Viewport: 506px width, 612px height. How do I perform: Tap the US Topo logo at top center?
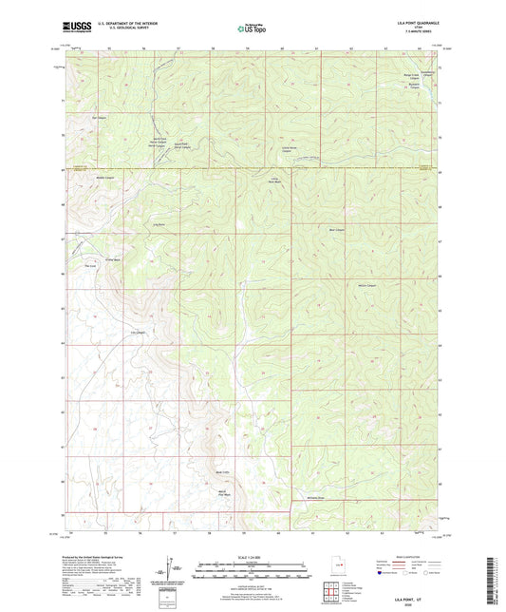click(x=252, y=29)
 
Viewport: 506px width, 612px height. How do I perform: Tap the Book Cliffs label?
click(x=224, y=471)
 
